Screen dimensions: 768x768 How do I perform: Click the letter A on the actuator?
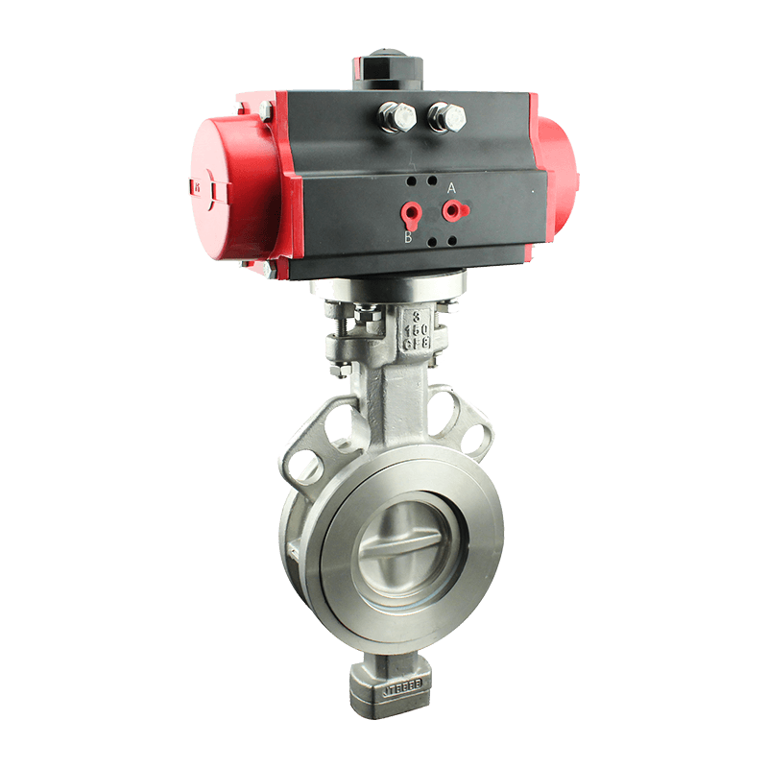(451, 185)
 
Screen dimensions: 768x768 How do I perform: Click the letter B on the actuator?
(408, 237)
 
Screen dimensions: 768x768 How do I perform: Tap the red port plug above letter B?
(411, 211)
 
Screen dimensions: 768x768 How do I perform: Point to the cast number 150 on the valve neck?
(416, 328)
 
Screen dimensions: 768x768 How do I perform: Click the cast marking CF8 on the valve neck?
(416, 343)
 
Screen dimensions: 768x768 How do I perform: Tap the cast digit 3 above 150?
(416, 315)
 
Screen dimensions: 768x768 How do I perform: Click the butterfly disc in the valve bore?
(402, 553)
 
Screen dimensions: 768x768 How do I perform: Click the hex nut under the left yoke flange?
(339, 369)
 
